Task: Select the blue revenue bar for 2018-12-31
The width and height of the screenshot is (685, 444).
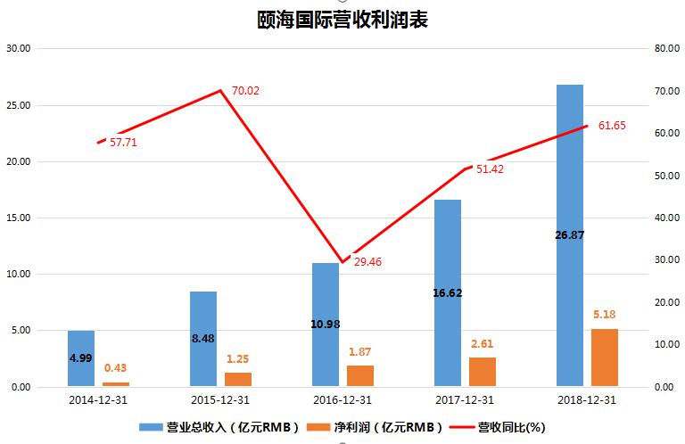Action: [569, 235]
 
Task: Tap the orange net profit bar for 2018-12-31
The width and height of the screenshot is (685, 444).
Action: [604, 358]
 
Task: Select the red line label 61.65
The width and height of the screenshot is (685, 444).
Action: [612, 126]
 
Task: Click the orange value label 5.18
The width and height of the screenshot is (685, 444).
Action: [604, 315]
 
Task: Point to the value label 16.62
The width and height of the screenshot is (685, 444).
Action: [447, 292]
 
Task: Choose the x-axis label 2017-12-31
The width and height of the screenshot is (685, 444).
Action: [465, 401]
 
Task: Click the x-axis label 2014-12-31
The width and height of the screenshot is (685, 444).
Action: [97, 401]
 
